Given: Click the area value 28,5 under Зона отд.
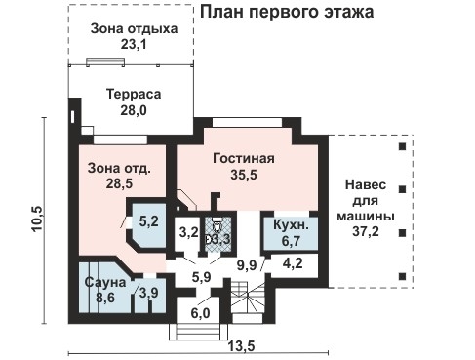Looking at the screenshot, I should point(117,183).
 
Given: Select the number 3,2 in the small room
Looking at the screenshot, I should point(187,233).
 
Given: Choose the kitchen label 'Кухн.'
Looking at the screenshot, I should point(289,225).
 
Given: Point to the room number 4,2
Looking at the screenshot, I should point(292,261).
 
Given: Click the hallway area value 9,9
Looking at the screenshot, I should point(247,264).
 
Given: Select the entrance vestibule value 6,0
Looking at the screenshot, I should point(200,313).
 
